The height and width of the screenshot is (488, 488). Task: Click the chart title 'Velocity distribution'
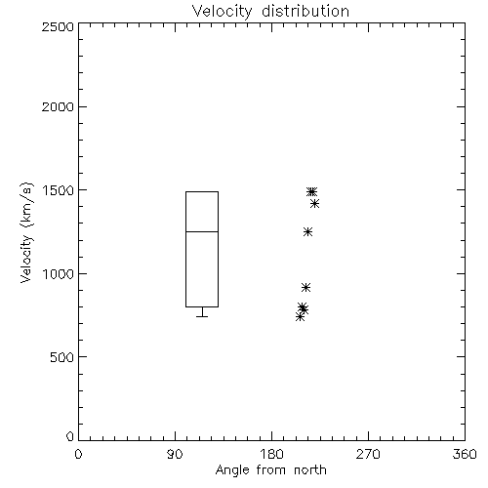[270, 11]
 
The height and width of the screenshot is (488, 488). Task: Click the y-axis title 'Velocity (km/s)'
[26, 232]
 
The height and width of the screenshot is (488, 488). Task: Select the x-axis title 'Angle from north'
[270, 470]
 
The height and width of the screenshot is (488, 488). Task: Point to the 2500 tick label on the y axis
[58, 26]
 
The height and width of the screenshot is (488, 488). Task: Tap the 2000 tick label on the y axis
[58, 106]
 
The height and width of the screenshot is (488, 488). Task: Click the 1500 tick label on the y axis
[59, 190]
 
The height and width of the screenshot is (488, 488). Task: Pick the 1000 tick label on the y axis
[59, 274]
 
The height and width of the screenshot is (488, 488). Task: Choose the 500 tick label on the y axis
[61, 357]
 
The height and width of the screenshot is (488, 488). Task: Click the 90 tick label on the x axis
[175, 454]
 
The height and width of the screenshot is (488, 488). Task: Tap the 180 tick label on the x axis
[271, 454]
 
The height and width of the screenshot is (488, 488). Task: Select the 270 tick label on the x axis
[368, 454]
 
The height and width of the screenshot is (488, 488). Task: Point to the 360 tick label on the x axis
[465, 454]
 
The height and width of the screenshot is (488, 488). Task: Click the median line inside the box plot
[202, 231]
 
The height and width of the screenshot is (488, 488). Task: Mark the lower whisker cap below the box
[202, 316]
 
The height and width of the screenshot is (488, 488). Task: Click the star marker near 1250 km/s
[307, 232]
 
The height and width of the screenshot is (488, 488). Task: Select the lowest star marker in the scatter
[300, 317]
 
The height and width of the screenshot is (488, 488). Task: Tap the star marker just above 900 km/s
[305, 287]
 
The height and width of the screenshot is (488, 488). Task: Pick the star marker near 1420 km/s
[314, 204]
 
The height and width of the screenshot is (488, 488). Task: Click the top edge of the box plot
[202, 192]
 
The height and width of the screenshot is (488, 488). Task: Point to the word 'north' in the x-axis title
[310, 470]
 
